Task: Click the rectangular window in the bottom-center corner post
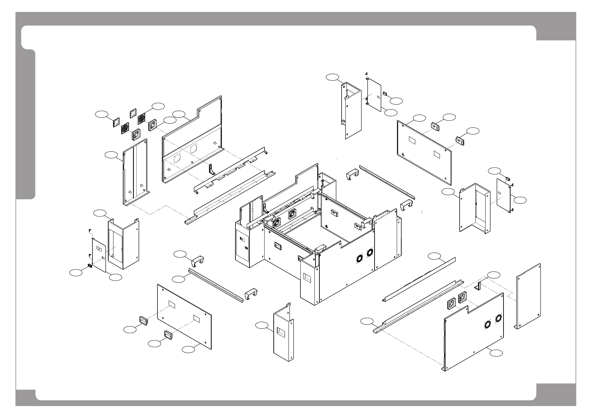click(x=282, y=331)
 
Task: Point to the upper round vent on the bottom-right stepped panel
click(x=498, y=318)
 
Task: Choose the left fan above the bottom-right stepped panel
click(x=452, y=304)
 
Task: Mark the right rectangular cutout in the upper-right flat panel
click(x=437, y=154)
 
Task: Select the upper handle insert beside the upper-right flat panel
click(x=435, y=125)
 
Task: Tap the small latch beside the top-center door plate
click(x=384, y=94)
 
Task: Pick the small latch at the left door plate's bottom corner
click(x=90, y=266)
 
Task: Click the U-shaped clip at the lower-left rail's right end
click(x=251, y=293)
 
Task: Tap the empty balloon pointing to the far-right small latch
click(x=495, y=171)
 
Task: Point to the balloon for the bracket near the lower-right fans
click(x=494, y=274)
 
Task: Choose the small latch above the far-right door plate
click(x=507, y=178)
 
